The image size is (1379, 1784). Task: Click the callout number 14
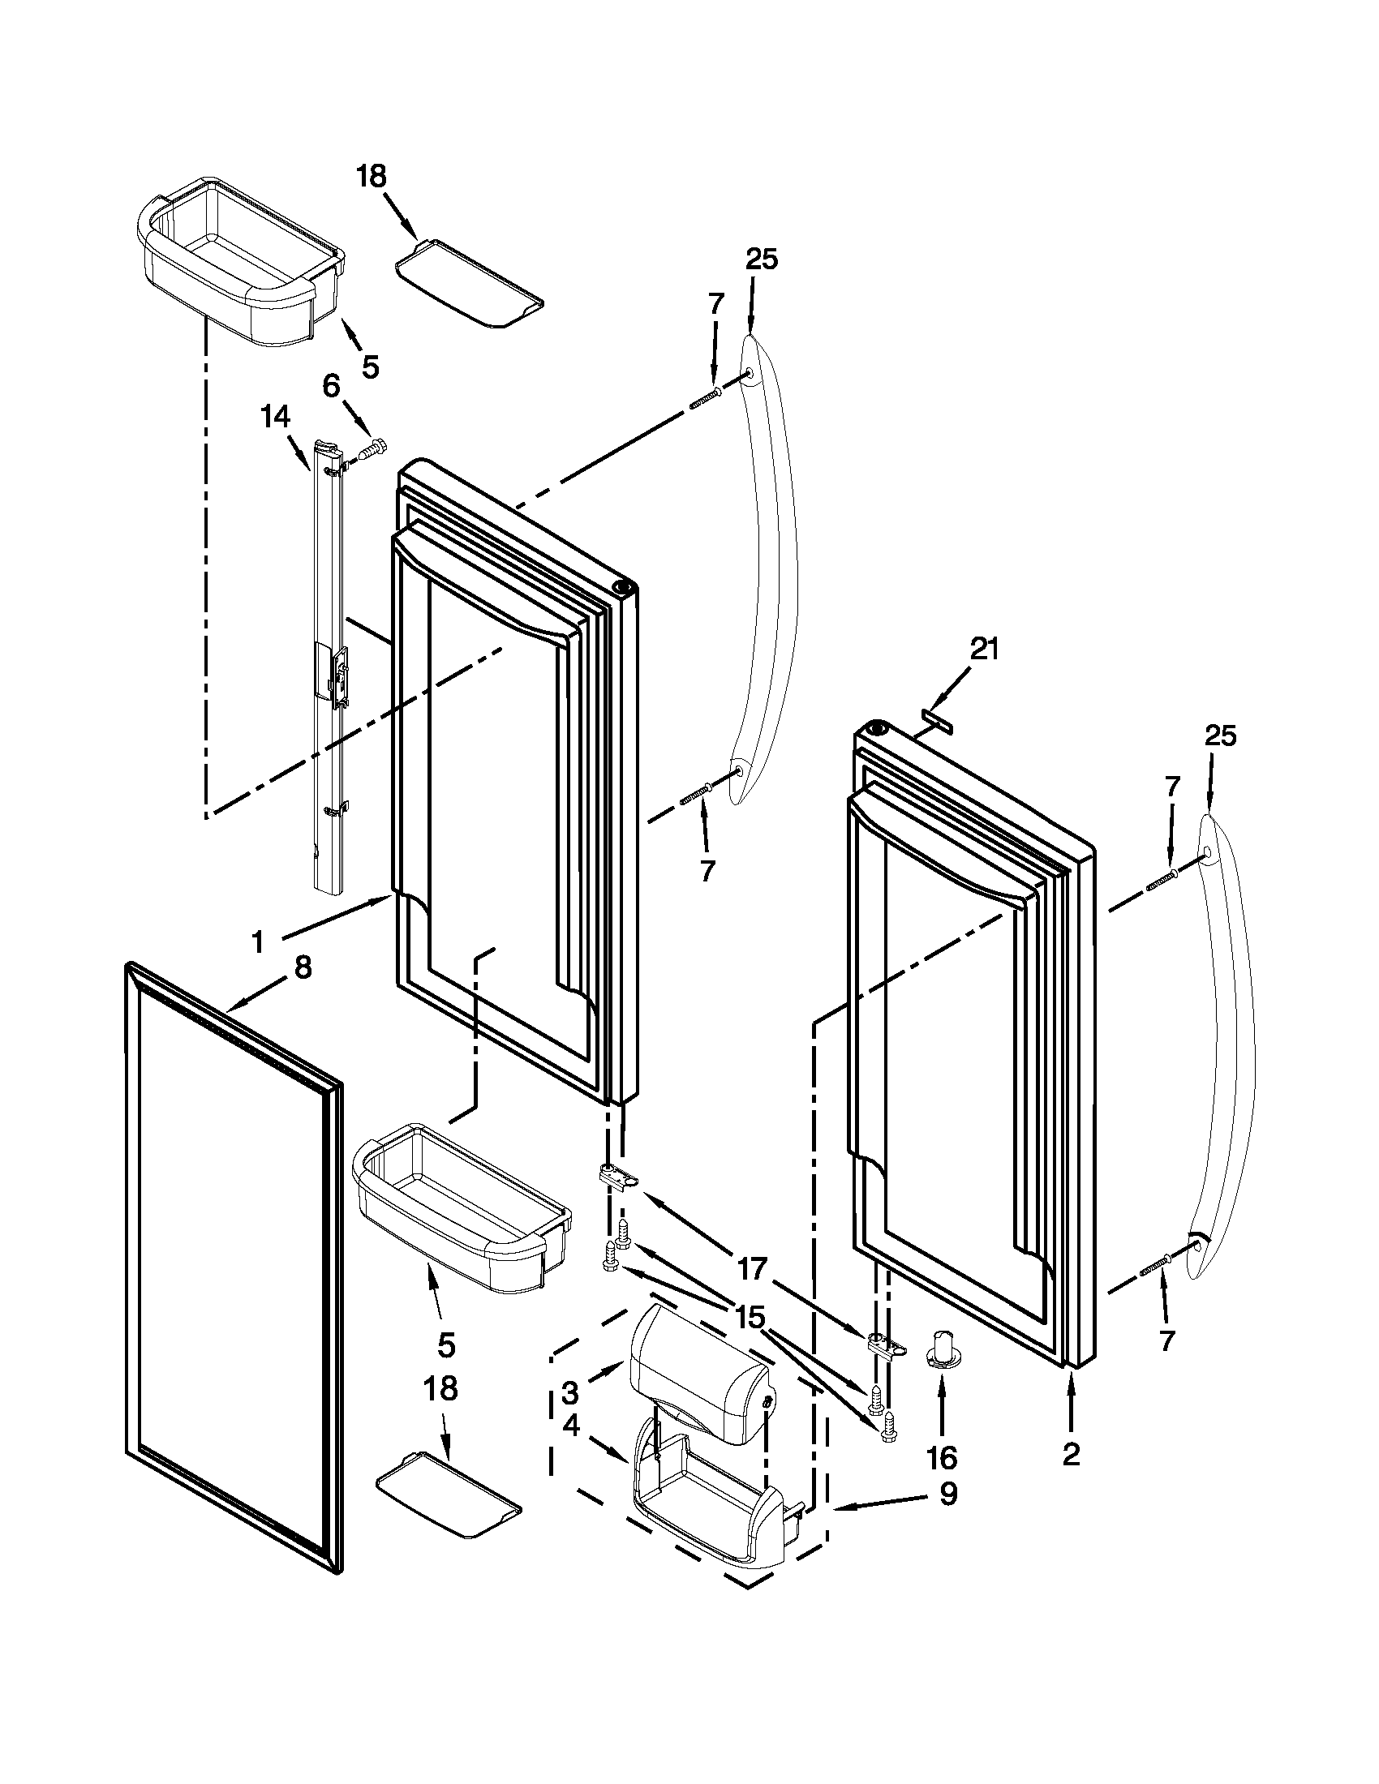point(274,418)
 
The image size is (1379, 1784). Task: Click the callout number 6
point(331,386)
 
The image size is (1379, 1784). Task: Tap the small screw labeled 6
point(374,448)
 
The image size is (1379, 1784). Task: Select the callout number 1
point(258,943)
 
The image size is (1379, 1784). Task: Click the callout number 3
point(570,1392)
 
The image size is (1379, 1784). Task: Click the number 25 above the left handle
point(762,259)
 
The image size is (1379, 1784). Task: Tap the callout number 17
point(753,1268)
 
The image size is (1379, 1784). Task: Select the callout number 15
point(750,1317)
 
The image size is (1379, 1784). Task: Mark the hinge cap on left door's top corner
point(623,587)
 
